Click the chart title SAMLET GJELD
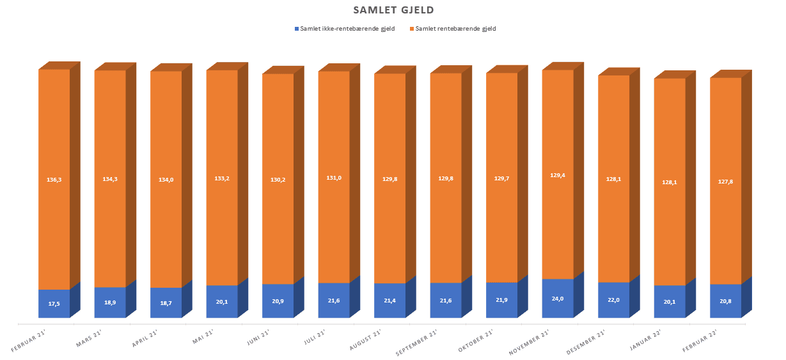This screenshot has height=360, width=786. (x=393, y=10)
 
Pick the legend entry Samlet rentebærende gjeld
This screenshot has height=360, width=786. (x=455, y=29)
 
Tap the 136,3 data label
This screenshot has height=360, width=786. (x=54, y=180)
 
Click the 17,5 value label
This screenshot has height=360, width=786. (x=54, y=304)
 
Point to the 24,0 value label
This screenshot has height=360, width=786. (x=558, y=298)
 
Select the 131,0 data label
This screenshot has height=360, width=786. (x=334, y=178)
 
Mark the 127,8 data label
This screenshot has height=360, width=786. (x=725, y=182)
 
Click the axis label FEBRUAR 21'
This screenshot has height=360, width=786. (x=31, y=341)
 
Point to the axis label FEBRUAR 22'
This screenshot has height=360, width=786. (x=699, y=341)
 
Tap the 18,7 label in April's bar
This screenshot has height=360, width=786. (x=166, y=302)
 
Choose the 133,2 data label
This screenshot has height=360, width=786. (x=222, y=178)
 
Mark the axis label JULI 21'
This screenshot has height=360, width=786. (x=315, y=338)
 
